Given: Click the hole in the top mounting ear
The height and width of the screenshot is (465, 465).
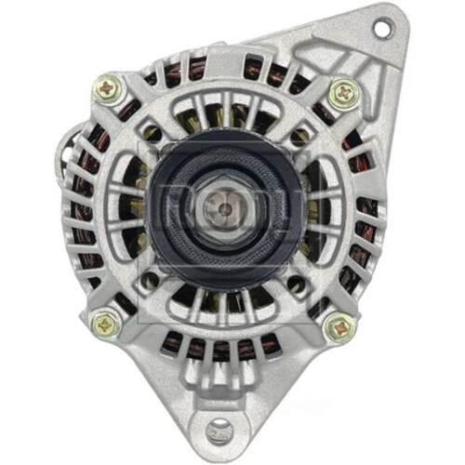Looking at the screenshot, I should [x=380, y=28].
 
